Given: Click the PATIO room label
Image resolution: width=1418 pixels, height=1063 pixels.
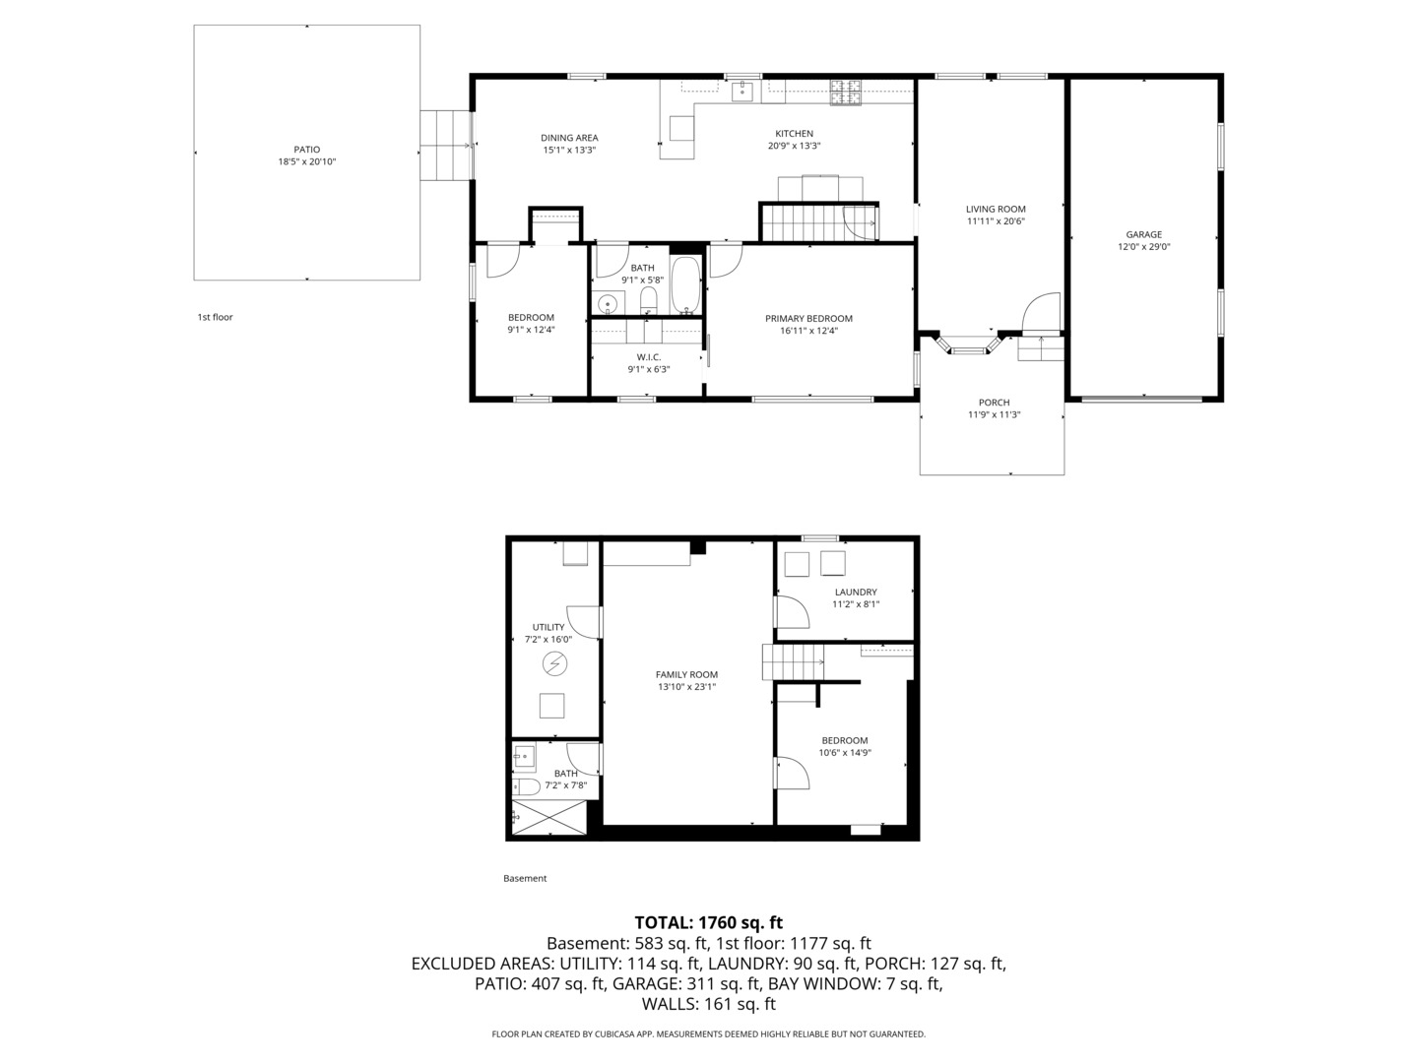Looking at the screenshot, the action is pyautogui.click(x=307, y=149).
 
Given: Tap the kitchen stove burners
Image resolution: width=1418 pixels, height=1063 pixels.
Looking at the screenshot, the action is pyautogui.click(x=845, y=93).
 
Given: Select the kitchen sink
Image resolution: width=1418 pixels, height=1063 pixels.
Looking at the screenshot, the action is pyautogui.click(x=742, y=91).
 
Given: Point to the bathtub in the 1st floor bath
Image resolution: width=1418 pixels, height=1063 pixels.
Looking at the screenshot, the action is pyautogui.click(x=685, y=284).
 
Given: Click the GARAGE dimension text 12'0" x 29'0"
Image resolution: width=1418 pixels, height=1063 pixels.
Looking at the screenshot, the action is pyautogui.click(x=1143, y=246).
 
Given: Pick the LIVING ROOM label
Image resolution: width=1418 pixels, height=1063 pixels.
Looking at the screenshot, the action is pyautogui.click(x=996, y=209).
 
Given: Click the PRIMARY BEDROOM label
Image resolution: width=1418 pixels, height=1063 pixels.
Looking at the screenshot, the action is pyautogui.click(x=808, y=318).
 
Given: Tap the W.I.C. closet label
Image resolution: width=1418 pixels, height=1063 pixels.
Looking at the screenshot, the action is pyautogui.click(x=649, y=357).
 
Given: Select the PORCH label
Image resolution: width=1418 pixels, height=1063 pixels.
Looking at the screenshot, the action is pyautogui.click(x=994, y=403).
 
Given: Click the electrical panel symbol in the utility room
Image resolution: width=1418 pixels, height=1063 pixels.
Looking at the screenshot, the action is pyautogui.click(x=554, y=663).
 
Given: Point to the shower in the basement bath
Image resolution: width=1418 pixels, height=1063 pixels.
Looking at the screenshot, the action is pyautogui.click(x=549, y=818).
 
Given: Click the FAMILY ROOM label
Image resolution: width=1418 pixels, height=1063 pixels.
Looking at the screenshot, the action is pyautogui.click(x=686, y=674).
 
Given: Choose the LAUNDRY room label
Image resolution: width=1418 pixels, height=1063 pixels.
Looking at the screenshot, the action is pyautogui.click(x=856, y=592).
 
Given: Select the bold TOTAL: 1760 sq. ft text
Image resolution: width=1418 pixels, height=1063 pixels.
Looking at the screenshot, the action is pyautogui.click(x=709, y=922).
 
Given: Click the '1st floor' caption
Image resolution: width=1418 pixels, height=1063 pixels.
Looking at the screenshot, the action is pyautogui.click(x=215, y=317).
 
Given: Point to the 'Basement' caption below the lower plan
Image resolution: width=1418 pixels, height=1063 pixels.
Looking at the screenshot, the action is pyautogui.click(x=525, y=878).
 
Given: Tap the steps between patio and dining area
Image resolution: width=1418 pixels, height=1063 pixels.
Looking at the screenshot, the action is pyautogui.click(x=445, y=146).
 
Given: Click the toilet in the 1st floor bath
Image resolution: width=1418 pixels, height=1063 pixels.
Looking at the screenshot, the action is pyautogui.click(x=648, y=300).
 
